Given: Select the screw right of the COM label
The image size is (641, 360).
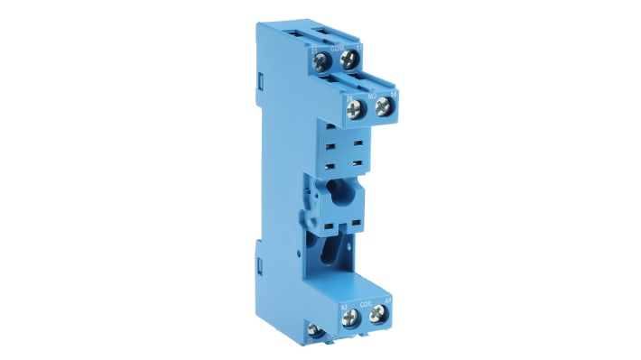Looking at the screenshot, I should [350, 60].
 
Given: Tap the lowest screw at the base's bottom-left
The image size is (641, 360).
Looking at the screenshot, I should [315, 332].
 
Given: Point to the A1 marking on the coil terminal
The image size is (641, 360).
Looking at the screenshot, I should [388, 302].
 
